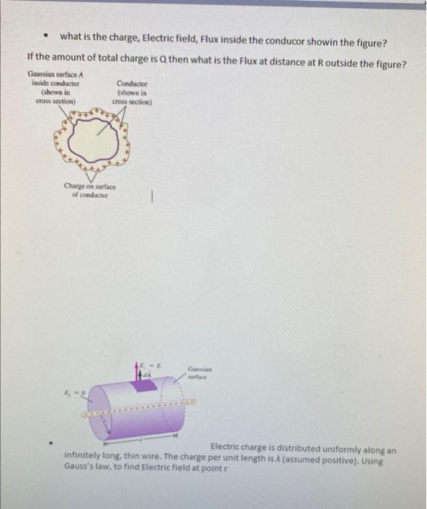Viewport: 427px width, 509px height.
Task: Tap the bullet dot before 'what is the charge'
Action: (45, 36)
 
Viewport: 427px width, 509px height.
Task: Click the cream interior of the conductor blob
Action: (91, 137)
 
